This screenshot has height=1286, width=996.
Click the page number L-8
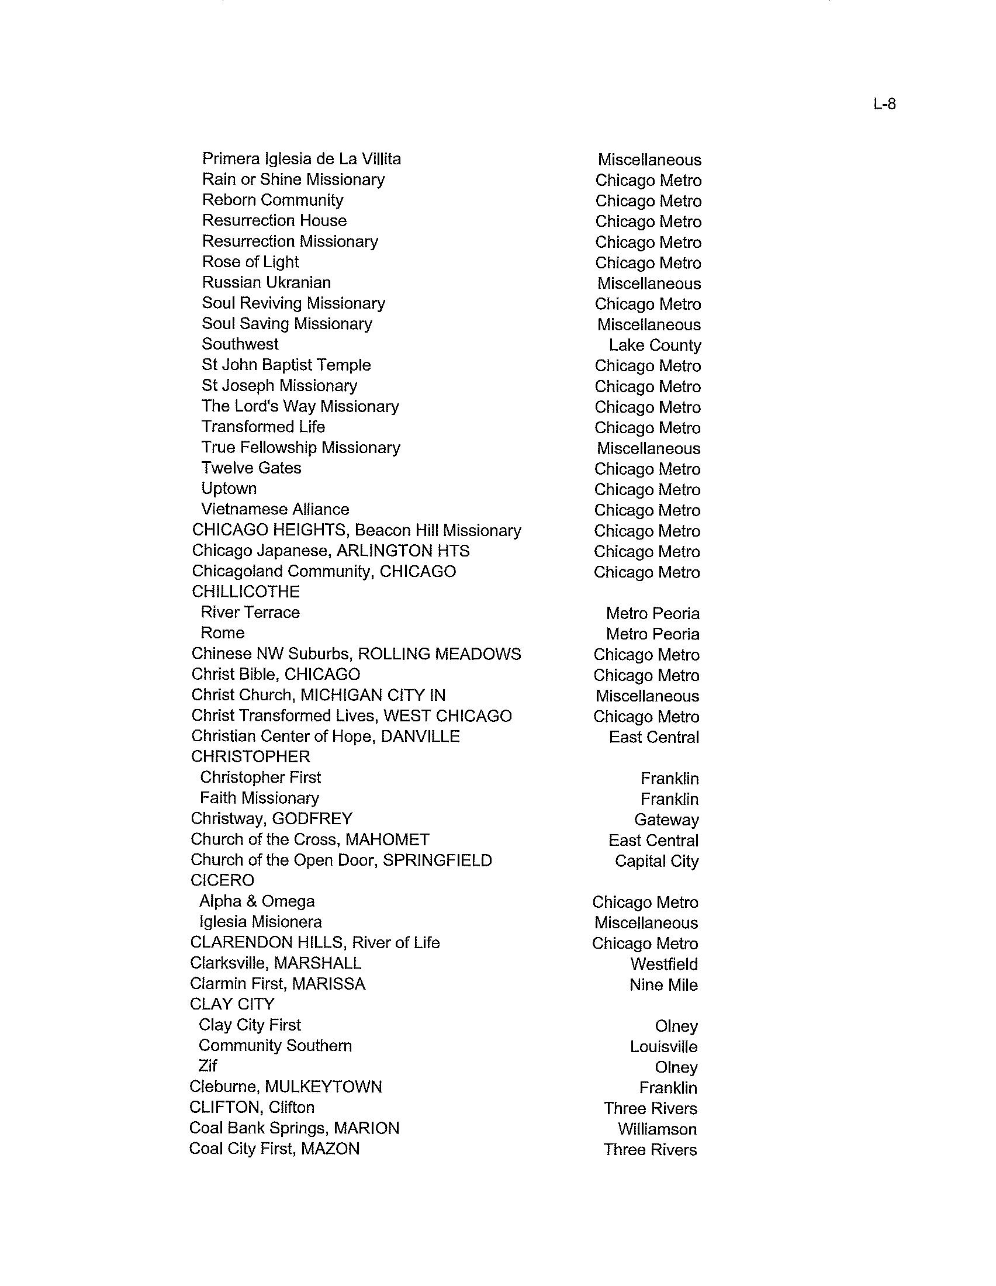coord(884,104)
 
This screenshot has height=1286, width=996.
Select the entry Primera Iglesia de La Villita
coord(302,159)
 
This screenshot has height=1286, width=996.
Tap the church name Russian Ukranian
coord(266,283)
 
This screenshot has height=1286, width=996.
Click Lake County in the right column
coord(655,345)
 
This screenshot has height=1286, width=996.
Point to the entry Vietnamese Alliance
coord(275,509)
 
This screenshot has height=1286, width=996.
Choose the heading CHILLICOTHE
coord(245,592)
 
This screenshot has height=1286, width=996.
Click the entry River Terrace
coord(250,613)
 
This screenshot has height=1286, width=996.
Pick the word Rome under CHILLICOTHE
coord(223,633)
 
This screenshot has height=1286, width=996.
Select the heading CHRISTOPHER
coord(250,756)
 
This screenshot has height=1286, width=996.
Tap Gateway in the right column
coord(666,820)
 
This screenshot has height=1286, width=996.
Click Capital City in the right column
coord(656,861)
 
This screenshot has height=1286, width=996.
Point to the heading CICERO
coord(223,880)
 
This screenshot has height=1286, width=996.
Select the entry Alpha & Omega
coord(257,901)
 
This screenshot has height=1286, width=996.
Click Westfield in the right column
coord(664,964)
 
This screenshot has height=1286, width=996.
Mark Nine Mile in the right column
coord(663,984)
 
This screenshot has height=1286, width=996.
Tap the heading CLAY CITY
coord(232,1004)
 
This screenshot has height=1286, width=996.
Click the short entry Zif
coord(208,1066)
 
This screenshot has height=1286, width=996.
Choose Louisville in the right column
coord(663,1046)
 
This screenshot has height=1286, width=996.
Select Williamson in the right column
coord(657,1129)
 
